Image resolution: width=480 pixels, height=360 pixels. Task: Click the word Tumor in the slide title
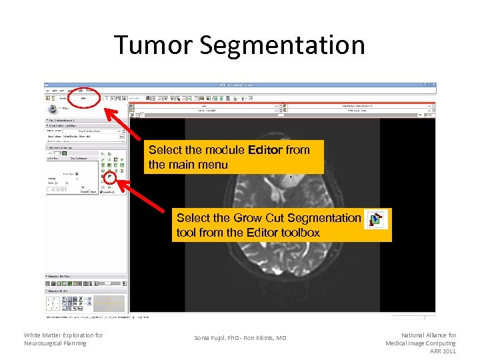tap(153, 45)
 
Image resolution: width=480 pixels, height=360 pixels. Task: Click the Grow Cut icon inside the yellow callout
tap(377, 219)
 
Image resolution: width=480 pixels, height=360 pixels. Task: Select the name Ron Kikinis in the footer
tap(259, 338)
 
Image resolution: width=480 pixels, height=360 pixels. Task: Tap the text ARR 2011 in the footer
tap(443, 351)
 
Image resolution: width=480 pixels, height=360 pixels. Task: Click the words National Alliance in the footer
tap(425, 335)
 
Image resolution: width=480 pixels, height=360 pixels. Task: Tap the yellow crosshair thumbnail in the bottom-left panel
tap(109, 303)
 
